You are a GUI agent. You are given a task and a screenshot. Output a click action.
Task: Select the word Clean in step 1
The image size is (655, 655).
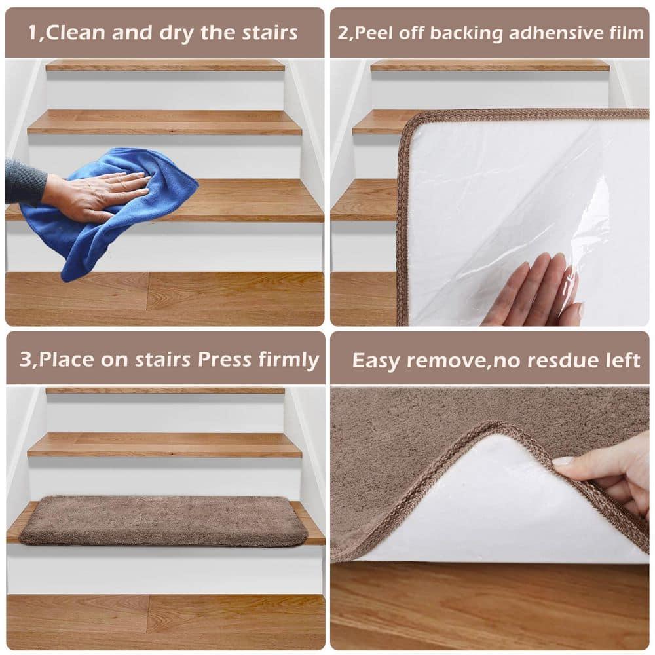click(75, 33)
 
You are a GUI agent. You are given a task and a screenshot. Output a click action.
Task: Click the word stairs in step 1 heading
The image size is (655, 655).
click(265, 33)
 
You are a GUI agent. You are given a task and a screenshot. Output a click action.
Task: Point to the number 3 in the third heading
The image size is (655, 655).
click(24, 359)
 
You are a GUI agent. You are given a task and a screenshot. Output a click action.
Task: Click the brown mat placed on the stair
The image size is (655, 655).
click(164, 521)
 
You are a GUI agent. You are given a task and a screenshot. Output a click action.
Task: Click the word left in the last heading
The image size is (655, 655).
click(622, 360)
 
